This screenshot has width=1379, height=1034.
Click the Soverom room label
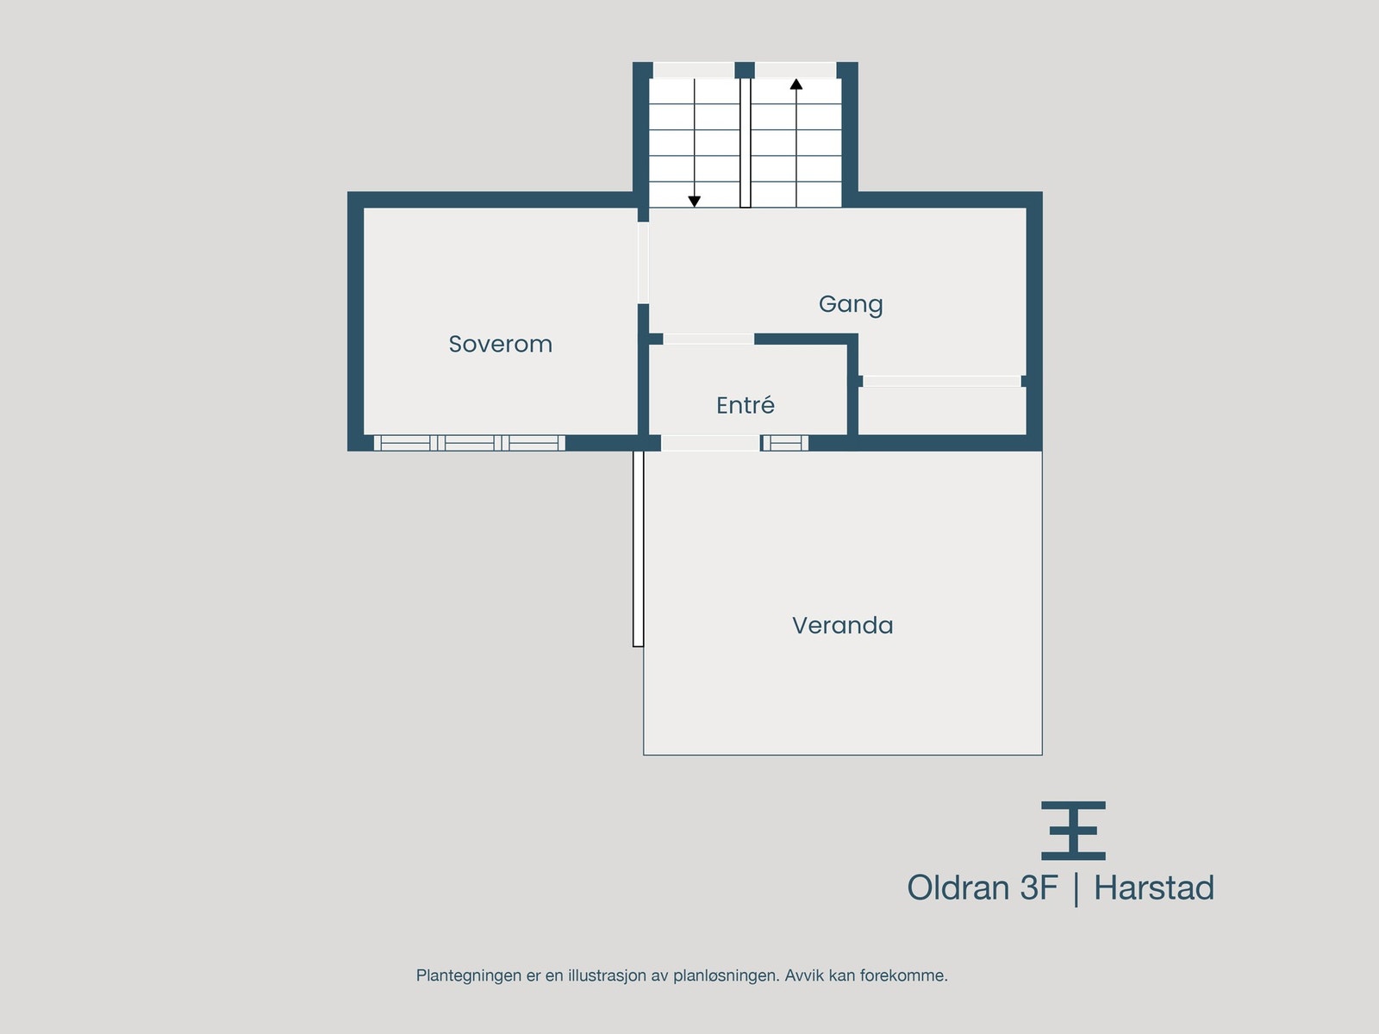point(500,344)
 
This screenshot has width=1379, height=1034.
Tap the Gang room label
point(851,303)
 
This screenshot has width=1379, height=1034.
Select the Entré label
point(746,405)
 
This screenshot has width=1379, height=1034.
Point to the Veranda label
point(842,625)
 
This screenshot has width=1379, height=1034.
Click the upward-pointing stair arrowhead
point(796,84)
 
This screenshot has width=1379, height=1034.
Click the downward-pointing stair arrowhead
point(694,202)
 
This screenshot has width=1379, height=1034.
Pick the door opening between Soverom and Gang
point(643,263)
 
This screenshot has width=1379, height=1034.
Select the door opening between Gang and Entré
point(708,339)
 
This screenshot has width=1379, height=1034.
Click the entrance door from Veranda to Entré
point(710,443)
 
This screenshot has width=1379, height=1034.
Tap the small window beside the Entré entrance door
point(785,443)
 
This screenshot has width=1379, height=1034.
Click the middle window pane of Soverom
point(470,443)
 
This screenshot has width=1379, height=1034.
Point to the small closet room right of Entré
point(942,411)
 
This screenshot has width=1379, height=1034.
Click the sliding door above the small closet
point(941,381)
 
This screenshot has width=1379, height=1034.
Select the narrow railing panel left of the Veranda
point(638,548)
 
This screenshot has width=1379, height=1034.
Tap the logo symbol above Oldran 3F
point(1073,831)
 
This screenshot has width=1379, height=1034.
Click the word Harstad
point(1153,888)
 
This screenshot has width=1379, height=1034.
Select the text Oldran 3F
point(982,888)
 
